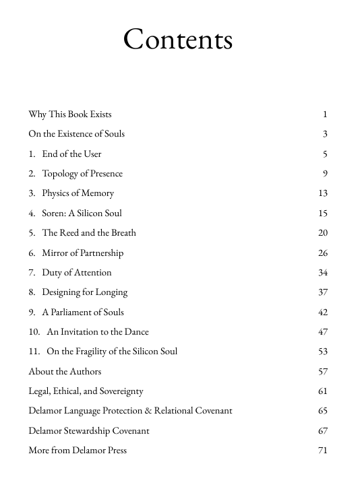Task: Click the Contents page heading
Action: coord(178,40)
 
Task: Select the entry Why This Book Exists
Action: coord(70,114)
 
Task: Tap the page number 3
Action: coord(325,133)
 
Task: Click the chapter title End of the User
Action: coord(71,154)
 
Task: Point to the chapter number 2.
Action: coord(32,173)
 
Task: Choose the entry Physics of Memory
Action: coord(78,193)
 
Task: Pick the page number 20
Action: coord(322,232)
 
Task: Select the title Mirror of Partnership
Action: coord(82,253)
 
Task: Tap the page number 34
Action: coord(322,272)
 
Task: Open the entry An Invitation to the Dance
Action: coord(98,331)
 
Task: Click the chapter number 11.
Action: coord(34,352)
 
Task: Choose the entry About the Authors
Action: coord(65,371)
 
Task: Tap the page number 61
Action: coord(322,391)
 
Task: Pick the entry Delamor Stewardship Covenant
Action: coord(89,430)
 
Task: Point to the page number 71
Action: coord(322,450)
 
